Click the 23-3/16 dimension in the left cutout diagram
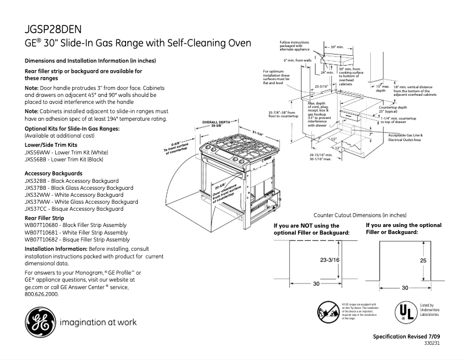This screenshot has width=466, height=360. click(329, 261)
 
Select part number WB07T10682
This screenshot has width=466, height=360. click(41, 239)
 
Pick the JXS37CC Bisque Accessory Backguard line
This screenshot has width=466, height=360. click(74, 208)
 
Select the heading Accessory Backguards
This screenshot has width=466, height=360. click(54, 174)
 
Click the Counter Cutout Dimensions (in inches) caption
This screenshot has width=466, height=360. click(360, 215)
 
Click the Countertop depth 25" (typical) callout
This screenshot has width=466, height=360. click(393, 110)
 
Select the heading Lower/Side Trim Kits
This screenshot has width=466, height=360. click(52, 143)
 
